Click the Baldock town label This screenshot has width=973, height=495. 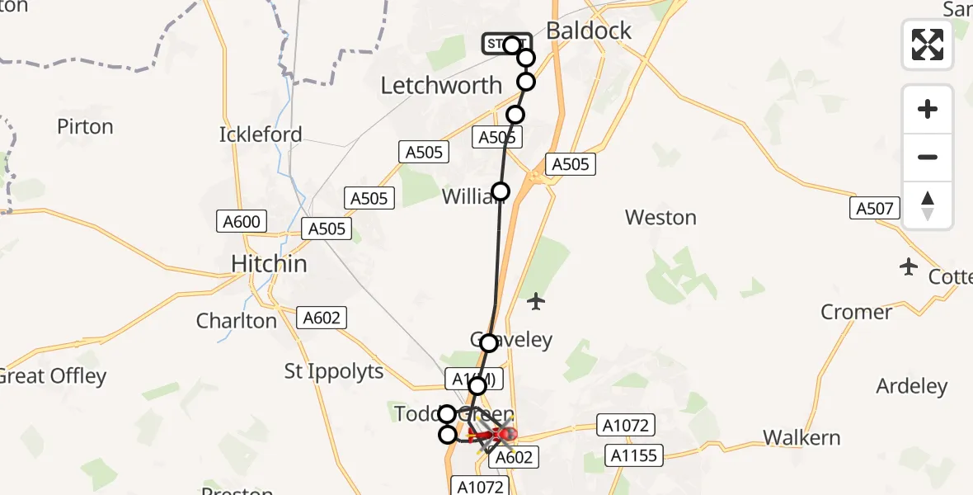point(589,31)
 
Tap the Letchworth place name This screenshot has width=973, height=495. point(441,85)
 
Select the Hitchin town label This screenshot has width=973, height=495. point(269,264)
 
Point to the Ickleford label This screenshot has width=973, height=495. point(261,134)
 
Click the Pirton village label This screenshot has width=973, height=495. point(85,127)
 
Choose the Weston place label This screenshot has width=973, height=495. point(660,218)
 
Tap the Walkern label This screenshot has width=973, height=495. point(801,437)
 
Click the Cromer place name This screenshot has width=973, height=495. point(856,312)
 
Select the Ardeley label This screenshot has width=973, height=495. point(911,386)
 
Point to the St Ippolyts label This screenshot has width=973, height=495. point(334,371)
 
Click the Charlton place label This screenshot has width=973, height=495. point(236,321)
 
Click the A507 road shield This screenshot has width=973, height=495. point(874,209)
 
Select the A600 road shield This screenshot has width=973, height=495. point(241,221)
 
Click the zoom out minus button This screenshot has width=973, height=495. point(928,158)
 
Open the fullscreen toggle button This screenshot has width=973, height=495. point(928,45)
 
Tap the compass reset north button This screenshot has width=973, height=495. point(928,205)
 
